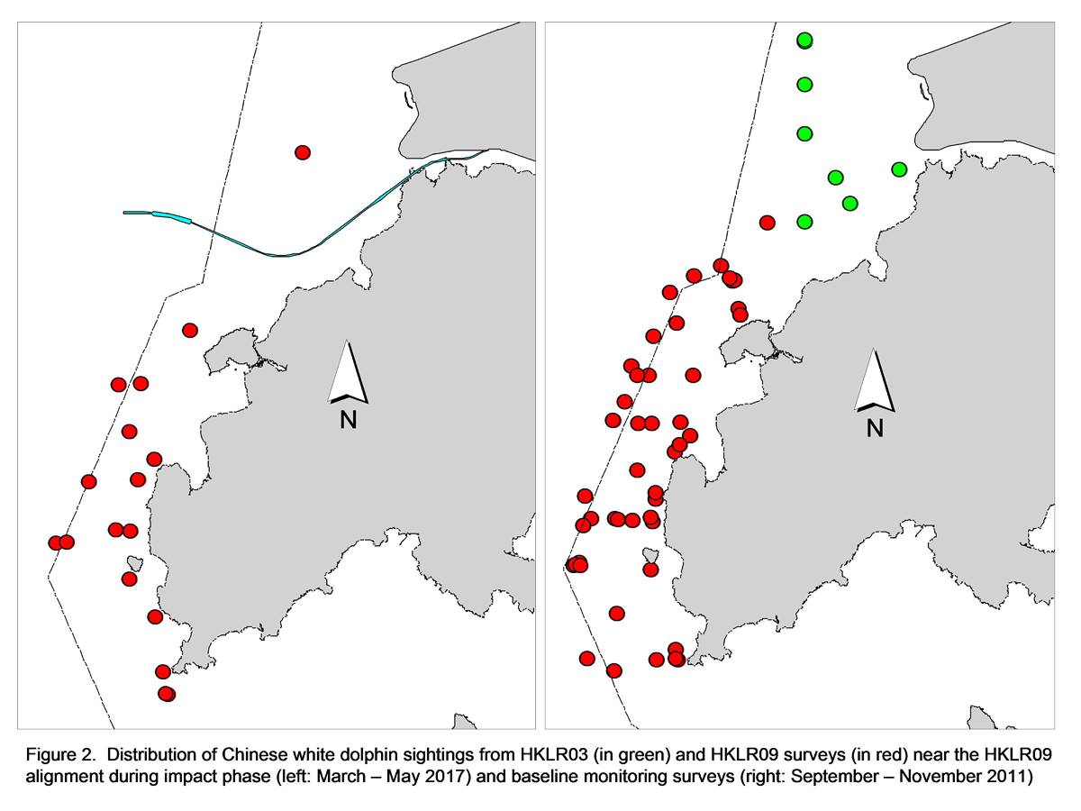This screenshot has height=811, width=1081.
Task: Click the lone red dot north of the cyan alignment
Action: tap(303, 152)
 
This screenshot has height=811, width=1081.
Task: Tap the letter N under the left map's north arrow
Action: tap(349, 421)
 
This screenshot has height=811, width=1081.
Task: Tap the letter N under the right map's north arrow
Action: tap(875, 428)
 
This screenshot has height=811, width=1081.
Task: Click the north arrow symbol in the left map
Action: tap(349, 372)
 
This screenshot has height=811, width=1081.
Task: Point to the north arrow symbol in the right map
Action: tap(875, 379)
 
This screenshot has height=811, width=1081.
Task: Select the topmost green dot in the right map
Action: tap(804, 41)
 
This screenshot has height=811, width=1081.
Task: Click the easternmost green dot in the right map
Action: tap(899, 169)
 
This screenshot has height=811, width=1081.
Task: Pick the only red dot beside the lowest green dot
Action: tap(767, 223)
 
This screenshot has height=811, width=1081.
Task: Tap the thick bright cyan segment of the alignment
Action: tap(171, 216)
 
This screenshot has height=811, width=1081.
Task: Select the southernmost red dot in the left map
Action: tap(167, 694)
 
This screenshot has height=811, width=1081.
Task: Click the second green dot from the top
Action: tap(804, 85)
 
